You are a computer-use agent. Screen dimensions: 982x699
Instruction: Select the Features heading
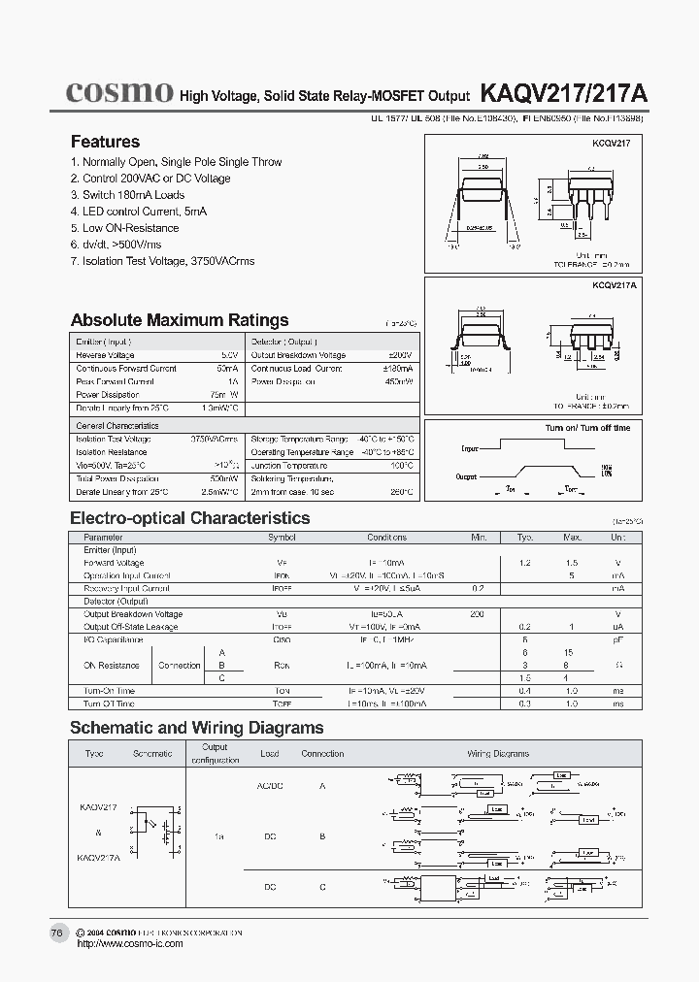tap(105, 142)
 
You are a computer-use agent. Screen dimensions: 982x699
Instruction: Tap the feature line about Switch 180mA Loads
tap(127, 195)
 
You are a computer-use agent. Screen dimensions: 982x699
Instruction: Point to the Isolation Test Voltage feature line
tap(163, 261)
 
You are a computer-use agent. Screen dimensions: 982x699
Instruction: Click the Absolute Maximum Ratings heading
tap(180, 320)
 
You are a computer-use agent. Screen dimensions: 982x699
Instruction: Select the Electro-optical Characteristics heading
tap(190, 518)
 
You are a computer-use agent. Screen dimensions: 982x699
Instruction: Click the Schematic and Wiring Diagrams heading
tap(197, 728)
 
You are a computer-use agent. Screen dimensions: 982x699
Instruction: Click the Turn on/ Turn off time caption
tap(587, 428)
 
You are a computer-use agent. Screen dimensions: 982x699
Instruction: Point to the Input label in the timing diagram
tap(470, 449)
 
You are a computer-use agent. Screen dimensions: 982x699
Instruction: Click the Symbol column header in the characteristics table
tap(282, 537)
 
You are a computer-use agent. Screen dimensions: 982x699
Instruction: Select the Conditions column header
tap(386, 537)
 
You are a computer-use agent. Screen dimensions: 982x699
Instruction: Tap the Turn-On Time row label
tap(109, 690)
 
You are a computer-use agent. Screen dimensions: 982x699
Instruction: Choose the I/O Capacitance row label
tap(113, 639)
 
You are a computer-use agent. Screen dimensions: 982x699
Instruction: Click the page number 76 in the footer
tap(56, 933)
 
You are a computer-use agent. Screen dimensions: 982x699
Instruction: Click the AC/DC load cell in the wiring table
tap(270, 785)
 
